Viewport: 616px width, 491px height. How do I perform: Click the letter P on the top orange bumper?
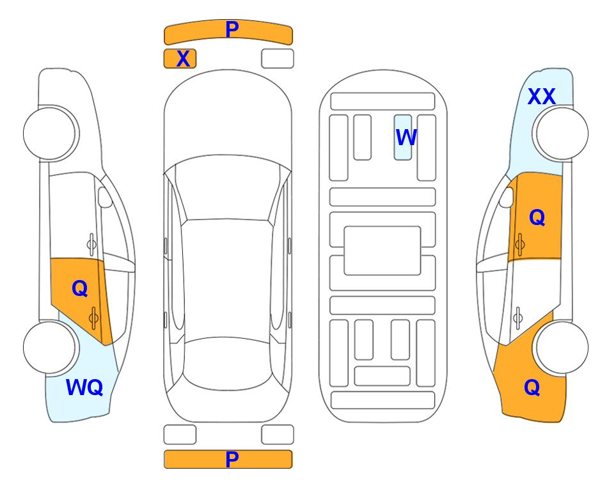(232, 29)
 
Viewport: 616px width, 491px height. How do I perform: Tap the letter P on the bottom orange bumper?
(232, 459)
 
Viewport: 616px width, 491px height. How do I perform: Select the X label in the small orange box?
(183, 59)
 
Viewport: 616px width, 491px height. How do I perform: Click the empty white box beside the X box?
(278, 59)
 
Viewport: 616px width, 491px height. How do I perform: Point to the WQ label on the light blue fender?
(84, 387)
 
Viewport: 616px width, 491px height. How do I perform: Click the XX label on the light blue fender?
(542, 97)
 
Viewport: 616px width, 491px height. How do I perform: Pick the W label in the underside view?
(406, 137)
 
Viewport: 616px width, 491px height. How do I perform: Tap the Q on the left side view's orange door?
(80, 288)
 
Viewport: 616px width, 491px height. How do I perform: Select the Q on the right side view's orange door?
(537, 217)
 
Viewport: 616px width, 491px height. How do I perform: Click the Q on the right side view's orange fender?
(532, 387)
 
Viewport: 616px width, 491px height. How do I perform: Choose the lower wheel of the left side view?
(49, 347)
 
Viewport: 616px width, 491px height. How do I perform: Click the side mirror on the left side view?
(104, 197)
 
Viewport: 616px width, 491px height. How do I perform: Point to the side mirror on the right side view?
(507, 197)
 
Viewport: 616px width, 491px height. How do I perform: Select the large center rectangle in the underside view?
(383, 251)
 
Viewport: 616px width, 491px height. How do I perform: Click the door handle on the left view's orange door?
(93, 318)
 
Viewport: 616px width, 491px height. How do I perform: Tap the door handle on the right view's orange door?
(520, 244)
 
